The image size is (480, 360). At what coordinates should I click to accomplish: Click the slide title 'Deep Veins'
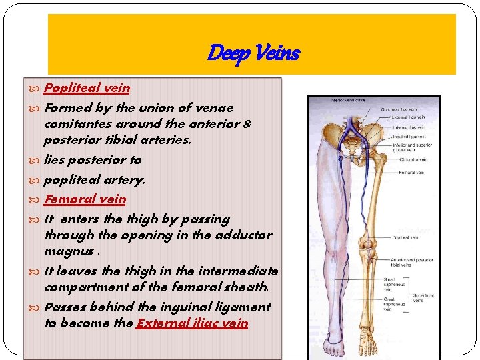pyautogui.click(x=253, y=52)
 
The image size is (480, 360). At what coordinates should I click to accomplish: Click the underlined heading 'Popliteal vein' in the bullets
pyautogui.click(x=87, y=87)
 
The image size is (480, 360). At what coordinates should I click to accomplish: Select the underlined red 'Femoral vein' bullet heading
pyautogui.click(x=85, y=199)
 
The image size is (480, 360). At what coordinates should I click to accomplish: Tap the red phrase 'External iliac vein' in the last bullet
pyautogui.click(x=192, y=323)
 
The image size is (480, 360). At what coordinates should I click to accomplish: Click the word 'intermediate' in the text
pyautogui.click(x=241, y=271)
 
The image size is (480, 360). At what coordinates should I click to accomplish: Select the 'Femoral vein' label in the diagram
pyautogui.click(x=394, y=173)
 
